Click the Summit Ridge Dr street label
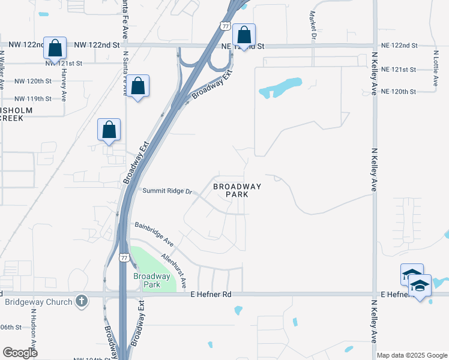(167, 191)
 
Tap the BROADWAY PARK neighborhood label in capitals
(237, 190)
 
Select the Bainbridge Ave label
(154, 235)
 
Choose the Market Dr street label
(313, 25)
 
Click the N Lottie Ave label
(436, 65)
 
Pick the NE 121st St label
(398, 70)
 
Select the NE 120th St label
(398, 91)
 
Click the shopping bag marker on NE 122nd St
(244, 35)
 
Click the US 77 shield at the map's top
(224, 26)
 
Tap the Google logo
(20, 353)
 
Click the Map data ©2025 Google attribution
(411, 355)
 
